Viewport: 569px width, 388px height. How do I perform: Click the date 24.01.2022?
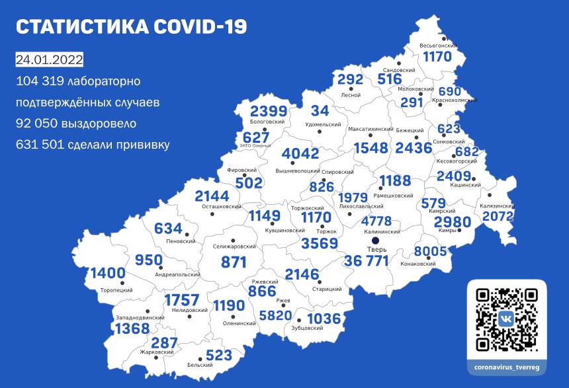[x=50, y=59]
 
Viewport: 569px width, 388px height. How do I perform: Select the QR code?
[x=507, y=320]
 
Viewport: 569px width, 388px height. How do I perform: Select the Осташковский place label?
[x=221, y=207]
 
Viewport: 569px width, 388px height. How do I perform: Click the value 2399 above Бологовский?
[x=269, y=110]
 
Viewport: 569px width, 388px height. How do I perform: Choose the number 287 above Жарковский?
[x=164, y=342]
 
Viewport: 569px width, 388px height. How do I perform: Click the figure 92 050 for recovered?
[x=38, y=124]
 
